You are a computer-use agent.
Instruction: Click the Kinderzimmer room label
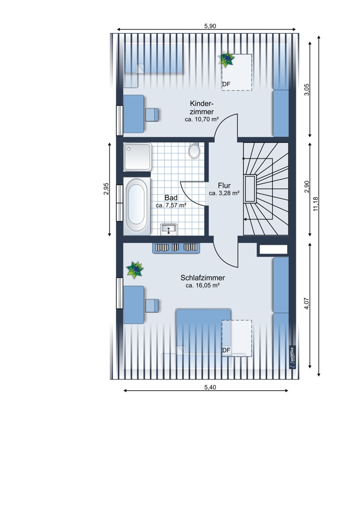[x=201, y=108]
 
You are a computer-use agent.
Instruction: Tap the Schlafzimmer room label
[x=202, y=278]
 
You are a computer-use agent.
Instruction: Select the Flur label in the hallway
[x=224, y=186]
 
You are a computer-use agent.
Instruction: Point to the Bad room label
[x=171, y=198]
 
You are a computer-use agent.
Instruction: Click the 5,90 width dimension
[x=210, y=27]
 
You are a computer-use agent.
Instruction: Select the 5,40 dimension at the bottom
[x=210, y=387]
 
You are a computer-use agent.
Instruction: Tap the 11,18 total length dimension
[x=316, y=205]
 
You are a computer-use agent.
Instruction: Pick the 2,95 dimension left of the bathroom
[x=106, y=189]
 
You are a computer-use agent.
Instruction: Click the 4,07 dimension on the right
[x=306, y=303]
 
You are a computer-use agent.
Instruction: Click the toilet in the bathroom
[x=194, y=150]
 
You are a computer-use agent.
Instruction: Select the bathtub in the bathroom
[x=137, y=206]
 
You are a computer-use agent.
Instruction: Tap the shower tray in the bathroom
[x=137, y=157]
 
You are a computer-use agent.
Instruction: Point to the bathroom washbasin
[x=168, y=229]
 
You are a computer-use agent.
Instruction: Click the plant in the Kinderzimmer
[x=226, y=59]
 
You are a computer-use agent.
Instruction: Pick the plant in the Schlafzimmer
[x=135, y=270]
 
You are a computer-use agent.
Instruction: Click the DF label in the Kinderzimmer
[x=226, y=84]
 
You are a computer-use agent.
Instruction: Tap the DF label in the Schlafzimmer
[x=226, y=350]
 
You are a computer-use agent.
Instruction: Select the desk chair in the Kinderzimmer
[x=152, y=114]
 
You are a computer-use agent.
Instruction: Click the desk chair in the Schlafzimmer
[x=152, y=305]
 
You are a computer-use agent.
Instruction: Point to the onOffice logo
[x=292, y=358]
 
